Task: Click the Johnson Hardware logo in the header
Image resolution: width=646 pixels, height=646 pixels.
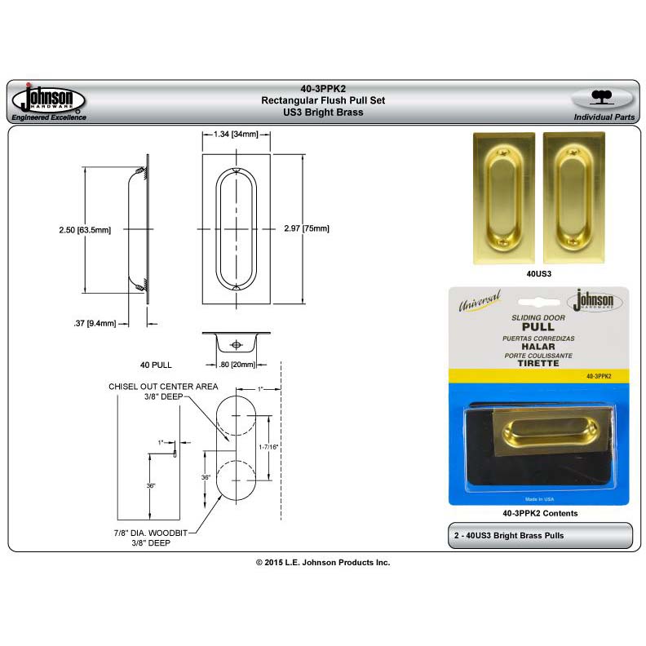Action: coord(48,101)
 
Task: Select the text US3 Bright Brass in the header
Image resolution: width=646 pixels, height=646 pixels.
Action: coord(322,112)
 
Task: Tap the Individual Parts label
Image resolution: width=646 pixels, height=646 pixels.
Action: coord(604,117)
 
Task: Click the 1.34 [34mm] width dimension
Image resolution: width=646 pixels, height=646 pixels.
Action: coord(235,134)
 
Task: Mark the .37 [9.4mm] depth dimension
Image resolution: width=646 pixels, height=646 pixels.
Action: coord(95,322)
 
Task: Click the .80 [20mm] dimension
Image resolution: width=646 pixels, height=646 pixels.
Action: coord(236,364)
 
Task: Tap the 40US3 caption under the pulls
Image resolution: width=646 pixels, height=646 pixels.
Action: coord(540,275)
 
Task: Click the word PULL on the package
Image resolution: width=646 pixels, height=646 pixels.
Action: coord(538,325)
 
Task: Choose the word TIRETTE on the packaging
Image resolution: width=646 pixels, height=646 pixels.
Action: coord(538,363)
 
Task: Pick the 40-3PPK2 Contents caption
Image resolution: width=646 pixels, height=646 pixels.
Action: coord(540,513)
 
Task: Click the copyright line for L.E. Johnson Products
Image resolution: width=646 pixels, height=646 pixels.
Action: coord(323,563)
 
